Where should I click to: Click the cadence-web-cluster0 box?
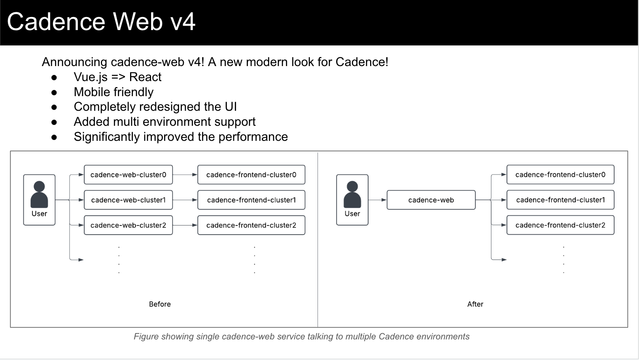(x=128, y=175)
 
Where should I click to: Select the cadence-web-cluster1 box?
(x=128, y=200)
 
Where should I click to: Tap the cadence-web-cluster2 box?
(x=128, y=225)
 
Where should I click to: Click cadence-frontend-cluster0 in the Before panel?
(x=251, y=175)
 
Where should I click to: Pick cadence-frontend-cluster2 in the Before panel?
(x=251, y=225)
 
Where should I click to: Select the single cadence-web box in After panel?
(x=431, y=200)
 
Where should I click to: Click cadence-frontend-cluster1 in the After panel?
(x=560, y=200)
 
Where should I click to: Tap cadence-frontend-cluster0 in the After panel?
(x=560, y=175)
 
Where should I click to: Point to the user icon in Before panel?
(x=39, y=195)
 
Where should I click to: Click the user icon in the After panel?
(x=352, y=195)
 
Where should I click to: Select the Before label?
(x=160, y=304)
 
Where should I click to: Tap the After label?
(x=475, y=304)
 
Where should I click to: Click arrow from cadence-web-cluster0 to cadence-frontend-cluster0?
(x=185, y=175)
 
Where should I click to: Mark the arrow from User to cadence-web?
(x=377, y=200)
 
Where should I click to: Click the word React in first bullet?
(x=145, y=77)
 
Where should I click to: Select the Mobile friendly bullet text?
(x=113, y=92)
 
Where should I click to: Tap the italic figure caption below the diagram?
(x=301, y=337)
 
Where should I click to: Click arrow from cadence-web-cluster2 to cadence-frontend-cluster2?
(x=185, y=225)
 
